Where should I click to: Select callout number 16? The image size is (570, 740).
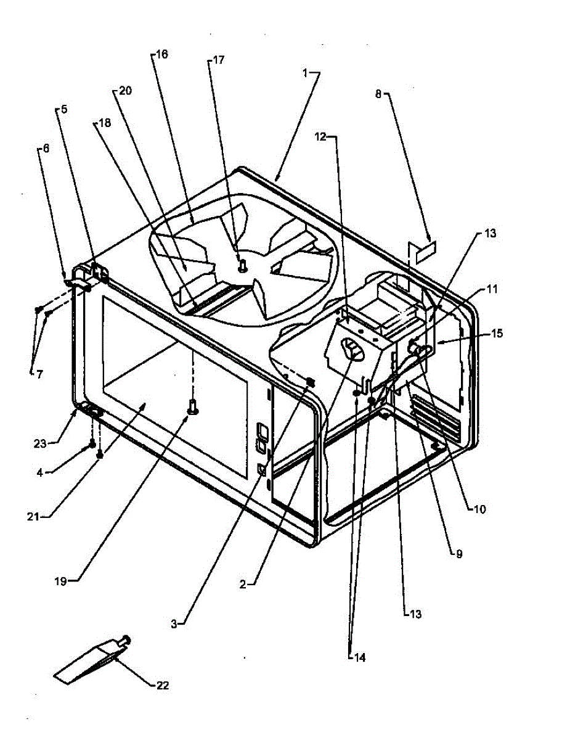pyautogui.click(x=161, y=54)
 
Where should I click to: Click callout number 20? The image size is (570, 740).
pyautogui.click(x=125, y=91)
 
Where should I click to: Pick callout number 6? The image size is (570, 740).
pyautogui.click(x=45, y=149)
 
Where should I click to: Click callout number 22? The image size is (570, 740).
pyautogui.click(x=162, y=685)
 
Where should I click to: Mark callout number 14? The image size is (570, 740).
pyautogui.click(x=359, y=657)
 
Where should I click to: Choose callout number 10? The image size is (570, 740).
pyautogui.click(x=480, y=509)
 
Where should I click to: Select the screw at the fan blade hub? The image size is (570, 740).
pyautogui.click(x=243, y=266)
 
